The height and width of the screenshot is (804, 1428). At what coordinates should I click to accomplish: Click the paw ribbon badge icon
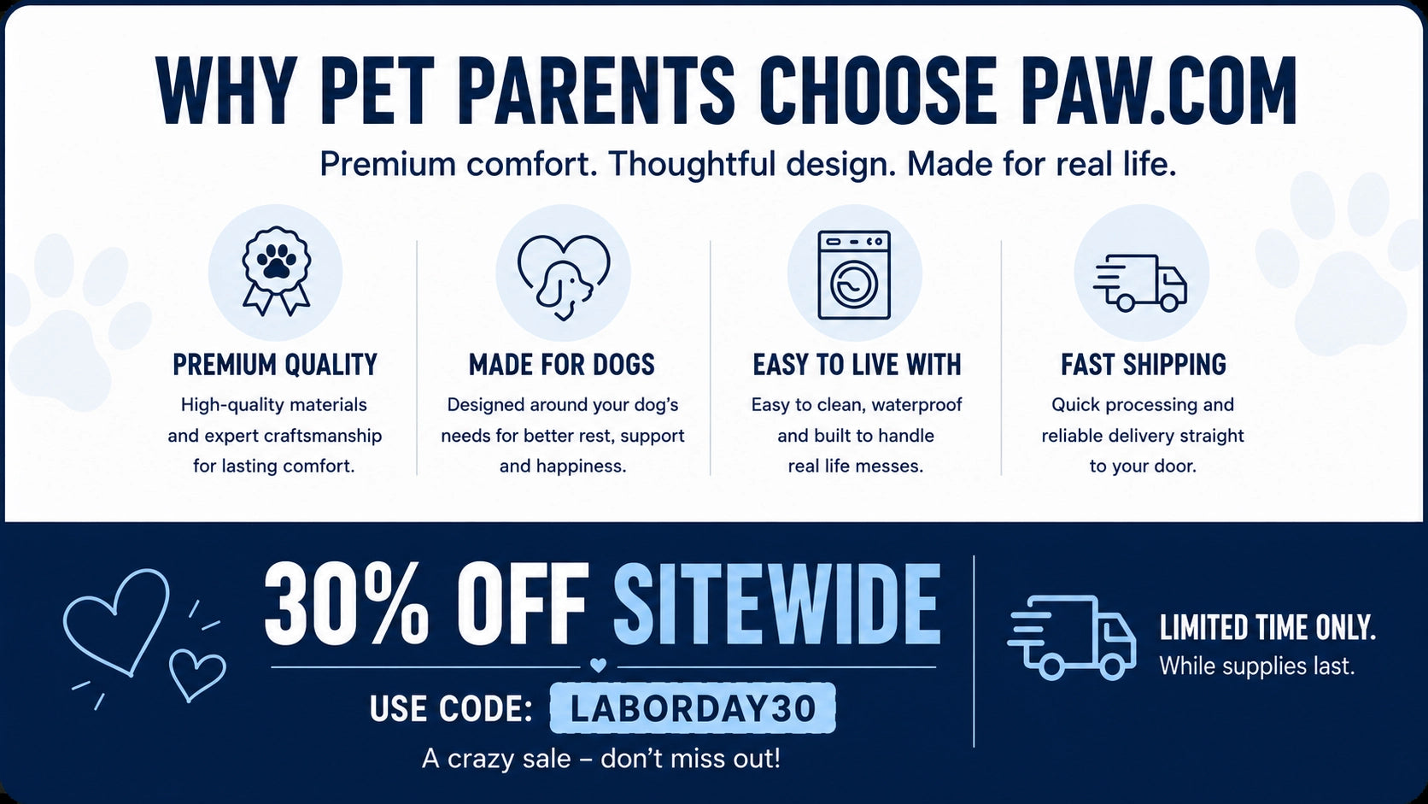pyautogui.click(x=276, y=270)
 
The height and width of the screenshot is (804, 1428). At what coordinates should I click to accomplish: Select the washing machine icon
pyautogui.click(x=853, y=275)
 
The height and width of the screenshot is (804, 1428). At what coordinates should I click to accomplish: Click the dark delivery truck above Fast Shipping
pyautogui.click(x=1140, y=283)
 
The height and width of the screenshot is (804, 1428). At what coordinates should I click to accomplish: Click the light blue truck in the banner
pyautogui.click(x=1072, y=637)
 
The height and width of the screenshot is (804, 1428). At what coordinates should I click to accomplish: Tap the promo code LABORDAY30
pyautogui.click(x=693, y=708)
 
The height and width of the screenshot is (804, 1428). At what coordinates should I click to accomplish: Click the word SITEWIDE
pyautogui.click(x=776, y=604)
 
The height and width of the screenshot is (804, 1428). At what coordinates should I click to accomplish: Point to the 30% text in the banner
pyautogui.click(x=346, y=604)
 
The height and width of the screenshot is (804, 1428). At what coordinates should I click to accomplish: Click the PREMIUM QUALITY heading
pyautogui.click(x=275, y=365)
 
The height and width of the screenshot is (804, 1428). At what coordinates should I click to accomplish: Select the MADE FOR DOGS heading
pyautogui.click(x=562, y=365)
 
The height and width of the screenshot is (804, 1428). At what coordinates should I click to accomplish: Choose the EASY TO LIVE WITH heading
pyautogui.click(x=857, y=365)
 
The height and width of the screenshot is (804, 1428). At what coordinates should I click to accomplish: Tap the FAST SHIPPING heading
pyautogui.click(x=1143, y=365)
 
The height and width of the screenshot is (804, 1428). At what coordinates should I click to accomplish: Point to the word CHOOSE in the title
pyautogui.click(x=877, y=91)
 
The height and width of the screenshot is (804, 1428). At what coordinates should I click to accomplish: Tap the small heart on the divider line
pyautogui.click(x=598, y=665)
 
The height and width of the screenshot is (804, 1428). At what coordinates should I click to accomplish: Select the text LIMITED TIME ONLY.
pyautogui.click(x=1267, y=628)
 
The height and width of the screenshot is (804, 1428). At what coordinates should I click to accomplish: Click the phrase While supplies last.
pyautogui.click(x=1256, y=667)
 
